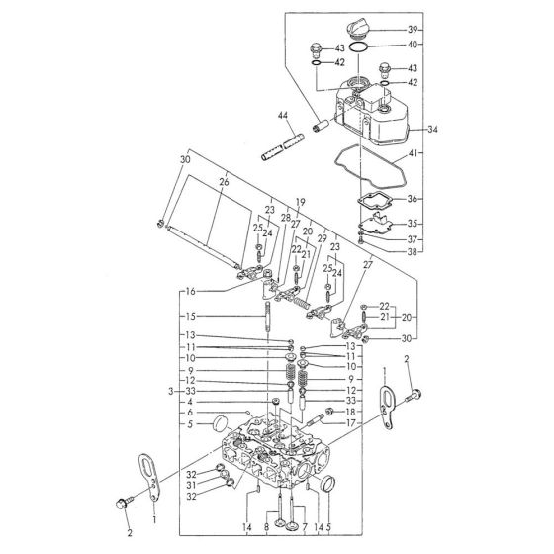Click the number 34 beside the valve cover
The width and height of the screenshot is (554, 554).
coord(432,129)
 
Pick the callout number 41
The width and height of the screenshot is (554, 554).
coord(414,155)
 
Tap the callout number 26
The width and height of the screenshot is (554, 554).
coord(224,182)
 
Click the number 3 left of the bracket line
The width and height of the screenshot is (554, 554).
coord(171,393)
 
